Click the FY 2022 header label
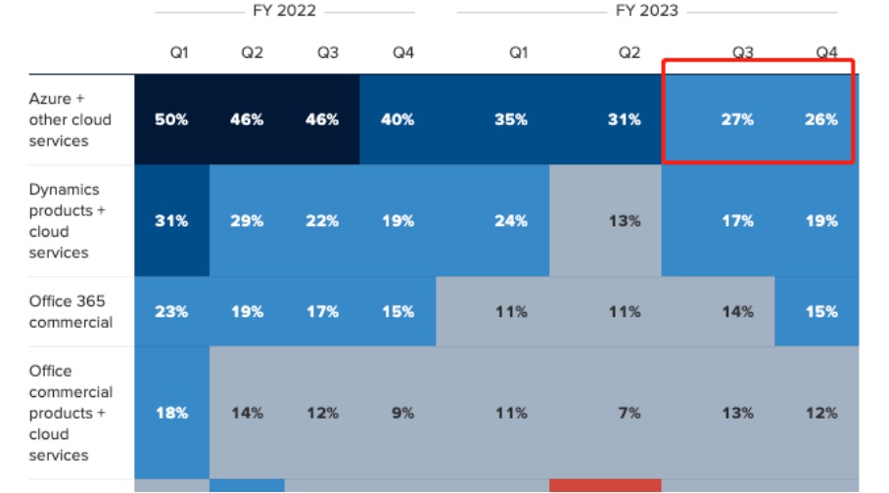(x=284, y=12)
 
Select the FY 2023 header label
(x=647, y=12)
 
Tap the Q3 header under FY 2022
(x=327, y=53)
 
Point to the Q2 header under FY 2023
(x=629, y=53)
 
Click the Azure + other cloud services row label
(x=70, y=119)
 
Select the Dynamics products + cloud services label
(x=65, y=221)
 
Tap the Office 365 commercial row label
(x=70, y=311)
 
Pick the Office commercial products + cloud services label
(x=70, y=413)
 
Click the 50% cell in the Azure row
(x=171, y=119)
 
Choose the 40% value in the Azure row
(x=398, y=119)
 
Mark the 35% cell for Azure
(x=511, y=119)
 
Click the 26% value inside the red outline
(x=821, y=119)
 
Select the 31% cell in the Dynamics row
(x=171, y=221)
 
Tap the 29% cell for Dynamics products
(x=247, y=221)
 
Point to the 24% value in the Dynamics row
(x=511, y=221)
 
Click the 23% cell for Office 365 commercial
(x=171, y=312)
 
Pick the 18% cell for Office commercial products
(x=171, y=413)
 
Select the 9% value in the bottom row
(x=402, y=413)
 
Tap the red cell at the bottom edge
(x=605, y=485)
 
